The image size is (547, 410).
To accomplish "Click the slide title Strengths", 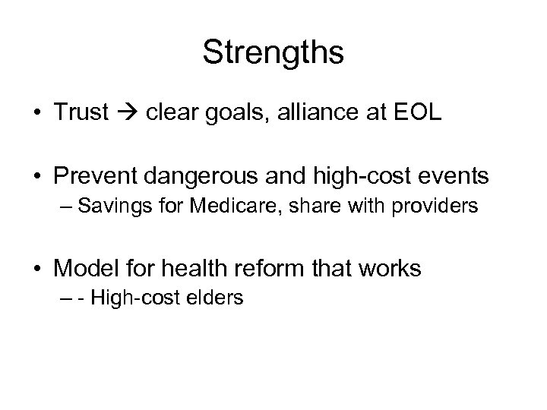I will tap(273, 53).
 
